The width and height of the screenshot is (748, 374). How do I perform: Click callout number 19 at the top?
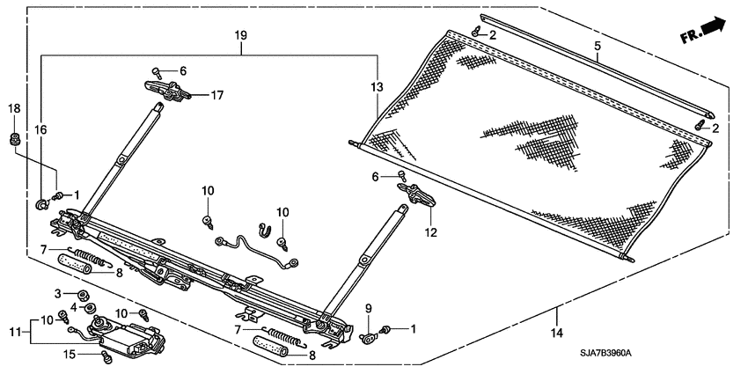(x=241, y=35)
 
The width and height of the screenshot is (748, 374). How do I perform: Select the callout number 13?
(x=378, y=87)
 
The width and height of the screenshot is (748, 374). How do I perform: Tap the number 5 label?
(x=597, y=45)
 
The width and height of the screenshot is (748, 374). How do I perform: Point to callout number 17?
(x=215, y=95)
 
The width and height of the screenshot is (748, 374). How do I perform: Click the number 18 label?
(x=13, y=108)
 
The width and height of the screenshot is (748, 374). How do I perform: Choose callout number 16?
(x=40, y=129)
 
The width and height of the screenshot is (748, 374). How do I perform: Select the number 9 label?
(x=369, y=308)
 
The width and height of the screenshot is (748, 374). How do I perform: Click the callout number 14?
(x=558, y=334)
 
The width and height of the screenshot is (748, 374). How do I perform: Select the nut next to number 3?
(x=82, y=295)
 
